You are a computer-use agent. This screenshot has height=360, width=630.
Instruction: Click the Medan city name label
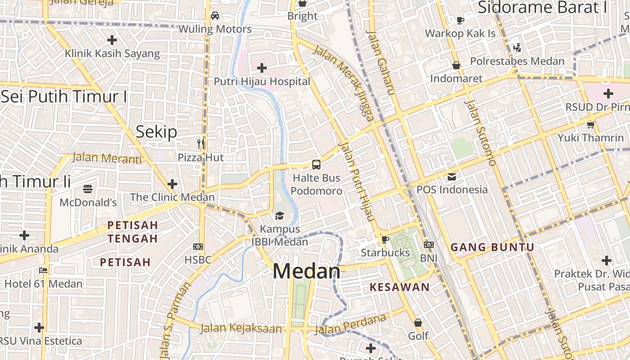[x=306, y=271]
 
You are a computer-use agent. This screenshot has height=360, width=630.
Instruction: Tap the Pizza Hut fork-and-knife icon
[x=201, y=144]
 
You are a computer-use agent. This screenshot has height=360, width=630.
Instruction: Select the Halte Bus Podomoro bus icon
[x=316, y=165]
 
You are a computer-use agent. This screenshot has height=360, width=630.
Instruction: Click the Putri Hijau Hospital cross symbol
[x=262, y=68]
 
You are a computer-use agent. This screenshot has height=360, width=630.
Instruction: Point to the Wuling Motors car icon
[x=215, y=16]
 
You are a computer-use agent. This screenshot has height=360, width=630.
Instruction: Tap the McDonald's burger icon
[x=88, y=189]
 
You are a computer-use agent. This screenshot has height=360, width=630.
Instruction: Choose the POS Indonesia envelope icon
[x=452, y=176]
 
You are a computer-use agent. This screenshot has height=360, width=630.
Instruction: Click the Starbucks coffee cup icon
[x=385, y=239]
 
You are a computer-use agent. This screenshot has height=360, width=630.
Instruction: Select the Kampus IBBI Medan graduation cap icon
[x=279, y=216]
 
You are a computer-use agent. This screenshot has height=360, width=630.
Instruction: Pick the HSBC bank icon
[x=198, y=246]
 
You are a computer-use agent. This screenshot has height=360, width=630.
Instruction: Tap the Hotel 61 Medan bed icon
[x=43, y=270]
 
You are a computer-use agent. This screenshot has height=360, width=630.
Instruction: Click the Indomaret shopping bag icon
[x=456, y=66]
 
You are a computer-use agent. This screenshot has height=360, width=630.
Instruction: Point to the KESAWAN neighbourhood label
[x=400, y=287]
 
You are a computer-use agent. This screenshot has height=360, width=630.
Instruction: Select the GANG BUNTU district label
[x=492, y=247]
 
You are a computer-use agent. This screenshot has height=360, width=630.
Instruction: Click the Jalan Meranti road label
[x=107, y=158]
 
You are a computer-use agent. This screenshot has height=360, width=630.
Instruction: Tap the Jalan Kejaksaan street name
[x=241, y=328]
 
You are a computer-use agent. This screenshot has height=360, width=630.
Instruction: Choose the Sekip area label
[x=157, y=132]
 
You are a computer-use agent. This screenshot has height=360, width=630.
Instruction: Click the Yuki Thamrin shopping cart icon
[x=590, y=125]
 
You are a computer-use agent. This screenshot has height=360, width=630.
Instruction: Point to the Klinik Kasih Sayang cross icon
[x=112, y=40]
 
